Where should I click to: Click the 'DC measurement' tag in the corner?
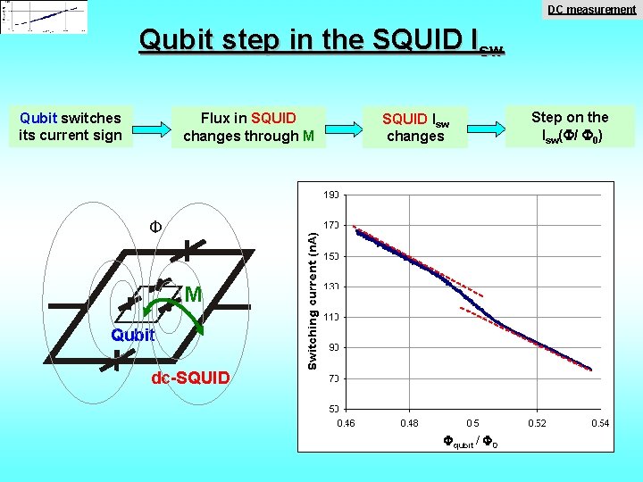click(591, 10)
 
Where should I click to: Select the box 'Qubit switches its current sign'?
click(71, 127)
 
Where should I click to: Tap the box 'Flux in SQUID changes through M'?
click(249, 127)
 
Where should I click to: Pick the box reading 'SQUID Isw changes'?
click(415, 127)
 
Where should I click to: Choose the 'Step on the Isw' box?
click(570, 127)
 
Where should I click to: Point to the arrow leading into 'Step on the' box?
click(486, 127)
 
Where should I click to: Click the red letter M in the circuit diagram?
click(194, 295)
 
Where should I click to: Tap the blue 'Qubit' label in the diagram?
click(133, 336)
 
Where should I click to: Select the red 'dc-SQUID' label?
click(190, 378)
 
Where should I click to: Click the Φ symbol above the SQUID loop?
click(154, 227)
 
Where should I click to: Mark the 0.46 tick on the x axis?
click(345, 422)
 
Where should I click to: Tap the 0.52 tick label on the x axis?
click(537, 422)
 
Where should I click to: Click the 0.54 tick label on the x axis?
click(600, 422)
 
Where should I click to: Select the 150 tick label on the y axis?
click(331, 256)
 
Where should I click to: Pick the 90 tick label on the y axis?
click(333, 347)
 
